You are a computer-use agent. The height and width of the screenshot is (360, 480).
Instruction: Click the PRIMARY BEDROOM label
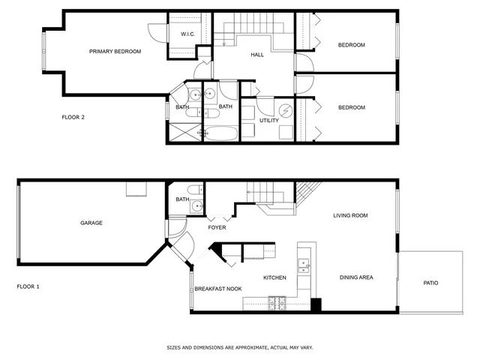coord(115,52)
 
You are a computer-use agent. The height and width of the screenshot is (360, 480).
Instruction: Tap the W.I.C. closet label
coord(187,34)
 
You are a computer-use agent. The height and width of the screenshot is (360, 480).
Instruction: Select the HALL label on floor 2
coord(257,55)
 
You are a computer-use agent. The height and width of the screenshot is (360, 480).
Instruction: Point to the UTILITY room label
coord(269,121)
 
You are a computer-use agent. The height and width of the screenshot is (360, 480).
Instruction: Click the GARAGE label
coord(91,223)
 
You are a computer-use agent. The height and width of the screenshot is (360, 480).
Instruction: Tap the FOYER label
coord(217,227)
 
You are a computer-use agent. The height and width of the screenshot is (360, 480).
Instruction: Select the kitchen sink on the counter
coord(304,264)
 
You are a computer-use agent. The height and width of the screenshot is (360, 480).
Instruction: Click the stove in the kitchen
coord(277,303)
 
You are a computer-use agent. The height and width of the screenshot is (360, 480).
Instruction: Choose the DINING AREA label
coord(355,277)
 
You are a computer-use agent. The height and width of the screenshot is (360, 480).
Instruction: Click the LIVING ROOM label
coord(350,216)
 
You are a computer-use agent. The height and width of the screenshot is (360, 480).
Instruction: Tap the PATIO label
coord(430,283)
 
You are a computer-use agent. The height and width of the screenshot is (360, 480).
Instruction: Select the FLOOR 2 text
coord(73,117)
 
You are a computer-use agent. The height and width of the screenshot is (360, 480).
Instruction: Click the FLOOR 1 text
coord(28,286)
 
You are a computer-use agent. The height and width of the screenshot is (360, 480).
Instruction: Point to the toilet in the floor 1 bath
coord(196,189)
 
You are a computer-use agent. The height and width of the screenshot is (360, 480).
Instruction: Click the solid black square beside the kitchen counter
coord(316,304)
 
